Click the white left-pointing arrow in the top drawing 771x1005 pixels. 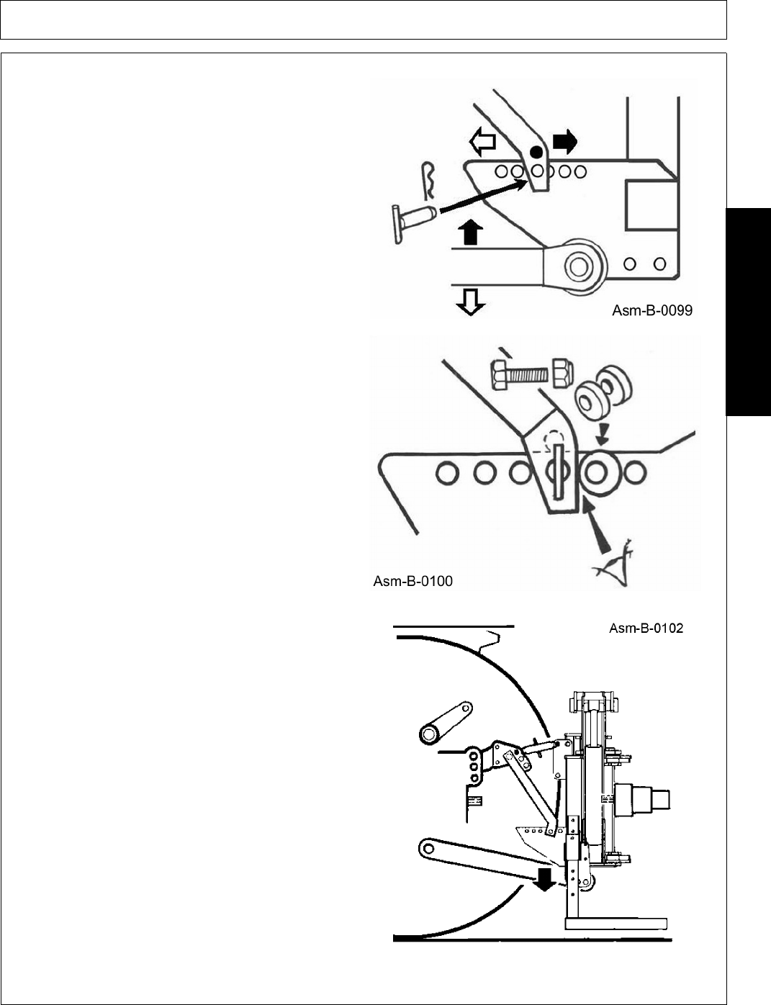482,141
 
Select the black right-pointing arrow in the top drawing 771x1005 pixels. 564,142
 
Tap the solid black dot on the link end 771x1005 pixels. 535,152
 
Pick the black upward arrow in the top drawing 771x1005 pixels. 470,233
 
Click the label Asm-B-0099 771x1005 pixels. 652,311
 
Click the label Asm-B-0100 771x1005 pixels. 412,581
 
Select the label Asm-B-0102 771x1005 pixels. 646,628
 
